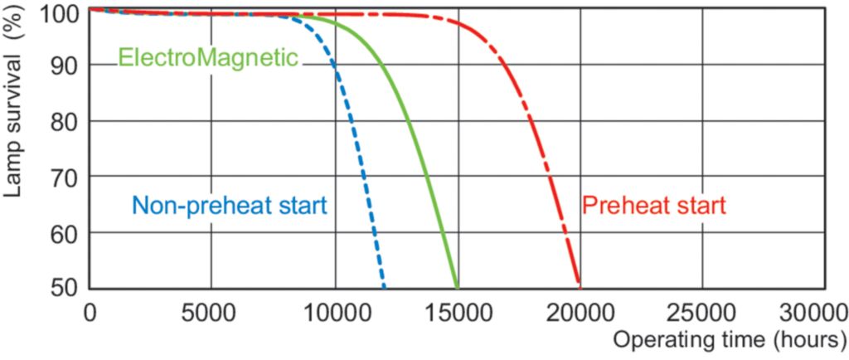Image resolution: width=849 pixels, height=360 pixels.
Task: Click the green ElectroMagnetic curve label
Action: pos(207,58)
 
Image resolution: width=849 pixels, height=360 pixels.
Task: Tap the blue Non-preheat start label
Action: pos(229,205)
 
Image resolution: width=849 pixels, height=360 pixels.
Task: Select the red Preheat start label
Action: pos(654,205)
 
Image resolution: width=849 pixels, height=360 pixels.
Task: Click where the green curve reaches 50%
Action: pos(457,286)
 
